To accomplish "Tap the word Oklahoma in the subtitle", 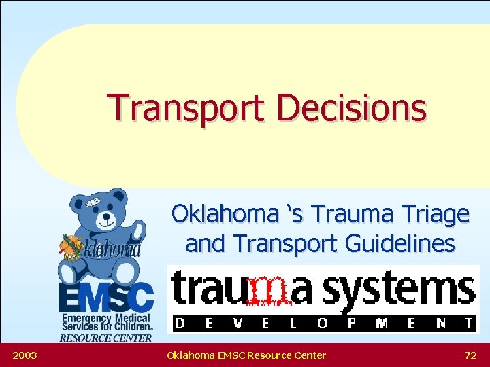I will click(219, 214).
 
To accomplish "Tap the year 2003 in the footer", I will click(24, 355).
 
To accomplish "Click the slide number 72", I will click(470, 355).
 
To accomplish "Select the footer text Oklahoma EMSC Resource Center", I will click(246, 355).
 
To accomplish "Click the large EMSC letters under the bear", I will click(105, 296).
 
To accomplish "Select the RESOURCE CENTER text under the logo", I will click(105, 338).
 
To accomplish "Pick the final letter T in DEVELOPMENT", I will click(468, 324).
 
